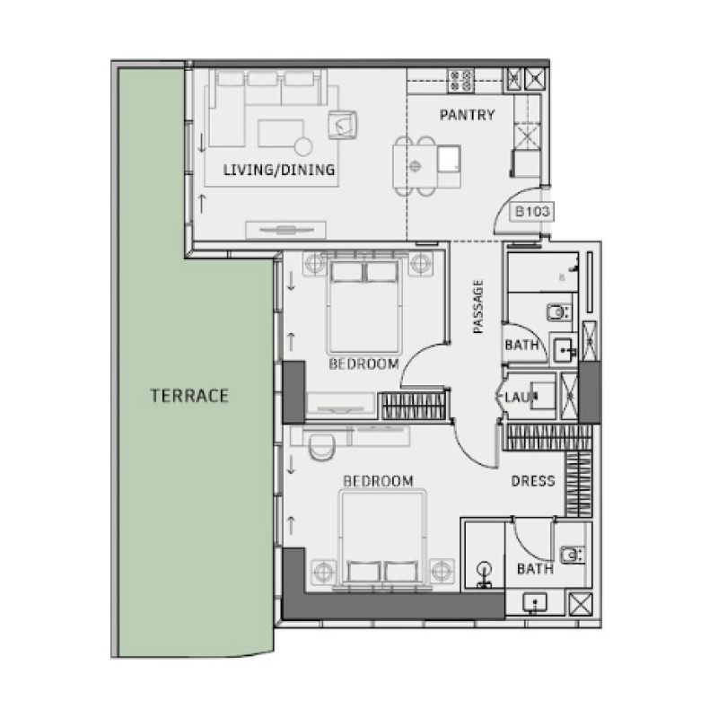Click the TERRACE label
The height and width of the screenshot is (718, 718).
click(x=189, y=395)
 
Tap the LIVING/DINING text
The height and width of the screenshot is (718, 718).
click(x=279, y=170)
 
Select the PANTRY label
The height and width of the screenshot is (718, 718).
click(x=467, y=115)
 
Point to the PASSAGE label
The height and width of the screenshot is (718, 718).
click(x=478, y=307)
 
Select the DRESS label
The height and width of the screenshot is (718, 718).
click(x=533, y=481)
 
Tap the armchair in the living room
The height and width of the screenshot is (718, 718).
click(x=343, y=124)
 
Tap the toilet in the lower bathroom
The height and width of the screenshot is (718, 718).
click(x=571, y=554)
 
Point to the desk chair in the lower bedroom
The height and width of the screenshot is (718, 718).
click(x=319, y=446)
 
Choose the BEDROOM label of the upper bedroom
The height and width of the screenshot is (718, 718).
click(x=363, y=363)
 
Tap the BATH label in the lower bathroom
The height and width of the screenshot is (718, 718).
click(x=535, y=569)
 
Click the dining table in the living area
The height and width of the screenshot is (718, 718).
click(x=415, y=164)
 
